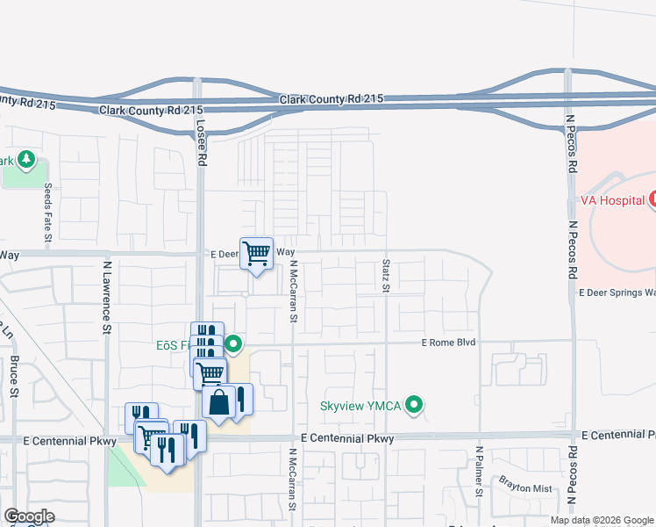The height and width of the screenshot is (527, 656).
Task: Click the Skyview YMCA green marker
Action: point(417,405)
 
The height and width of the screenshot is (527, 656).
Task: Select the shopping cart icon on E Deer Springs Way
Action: point(256,254)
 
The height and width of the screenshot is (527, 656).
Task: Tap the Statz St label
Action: point(385,277)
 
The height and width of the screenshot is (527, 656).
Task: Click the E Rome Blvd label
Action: point(448,343)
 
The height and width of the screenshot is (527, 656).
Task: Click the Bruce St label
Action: point(15,377)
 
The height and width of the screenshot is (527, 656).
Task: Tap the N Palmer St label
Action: point(480,472)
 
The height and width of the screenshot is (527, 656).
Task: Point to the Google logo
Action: point(29,516)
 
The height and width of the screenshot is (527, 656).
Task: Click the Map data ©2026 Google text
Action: point(601,520)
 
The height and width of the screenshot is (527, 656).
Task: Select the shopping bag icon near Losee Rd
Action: point(218,402)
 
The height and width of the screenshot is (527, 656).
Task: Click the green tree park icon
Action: point(26,160)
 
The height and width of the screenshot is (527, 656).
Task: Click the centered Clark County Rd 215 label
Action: point(332,100)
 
